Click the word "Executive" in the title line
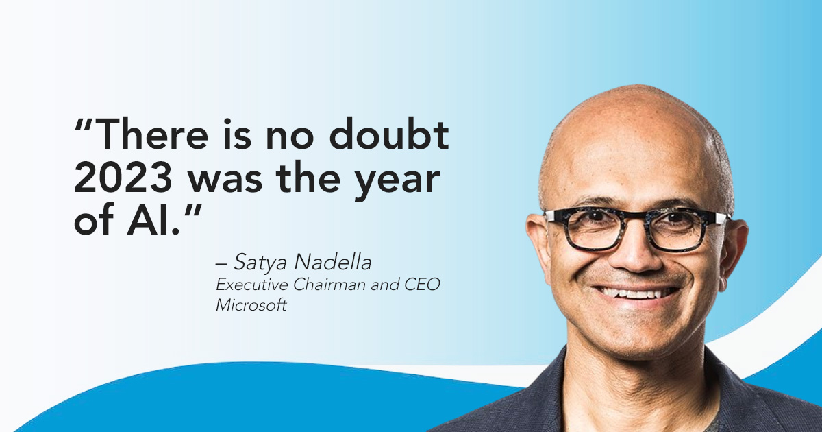[253, 285]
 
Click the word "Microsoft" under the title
[251, 305]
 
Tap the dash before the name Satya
[222, 263]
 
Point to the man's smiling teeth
[636, 293]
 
